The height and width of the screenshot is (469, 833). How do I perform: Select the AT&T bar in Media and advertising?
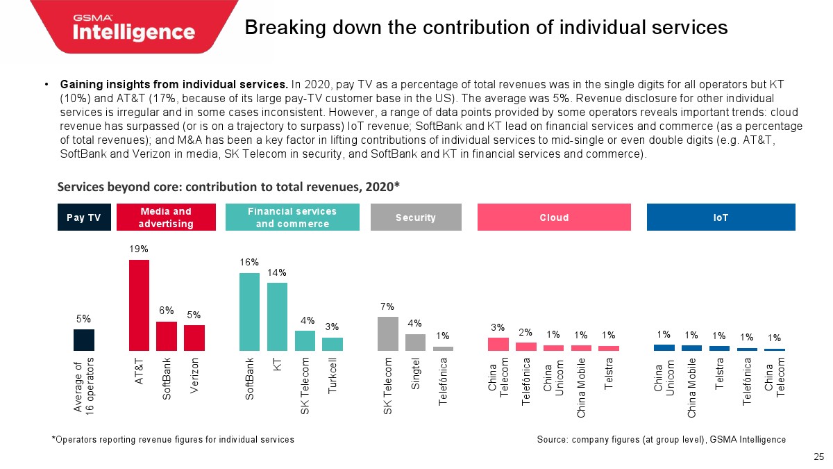139,305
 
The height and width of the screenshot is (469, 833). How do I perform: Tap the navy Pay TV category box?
84,217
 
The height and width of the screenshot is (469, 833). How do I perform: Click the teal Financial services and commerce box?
292,217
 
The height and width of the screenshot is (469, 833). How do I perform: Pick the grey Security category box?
415,217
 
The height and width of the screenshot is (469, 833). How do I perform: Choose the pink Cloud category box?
554,217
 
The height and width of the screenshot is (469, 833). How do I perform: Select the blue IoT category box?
721,217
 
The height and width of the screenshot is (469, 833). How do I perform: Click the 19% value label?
139,248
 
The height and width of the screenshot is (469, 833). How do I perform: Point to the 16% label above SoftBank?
249,262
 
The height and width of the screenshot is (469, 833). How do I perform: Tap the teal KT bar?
277,316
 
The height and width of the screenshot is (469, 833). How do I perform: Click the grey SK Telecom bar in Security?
387,334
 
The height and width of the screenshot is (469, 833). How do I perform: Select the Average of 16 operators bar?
83,340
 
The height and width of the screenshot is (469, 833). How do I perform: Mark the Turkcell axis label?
333,377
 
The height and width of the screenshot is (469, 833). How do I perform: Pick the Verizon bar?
194,338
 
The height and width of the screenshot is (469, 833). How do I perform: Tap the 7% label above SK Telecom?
387,306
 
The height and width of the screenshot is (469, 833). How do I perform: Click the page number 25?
818,456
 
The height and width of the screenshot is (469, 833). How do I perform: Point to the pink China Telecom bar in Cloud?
498,344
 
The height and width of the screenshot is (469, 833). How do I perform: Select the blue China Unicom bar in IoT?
664,347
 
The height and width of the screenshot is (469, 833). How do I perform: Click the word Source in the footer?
553,439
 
